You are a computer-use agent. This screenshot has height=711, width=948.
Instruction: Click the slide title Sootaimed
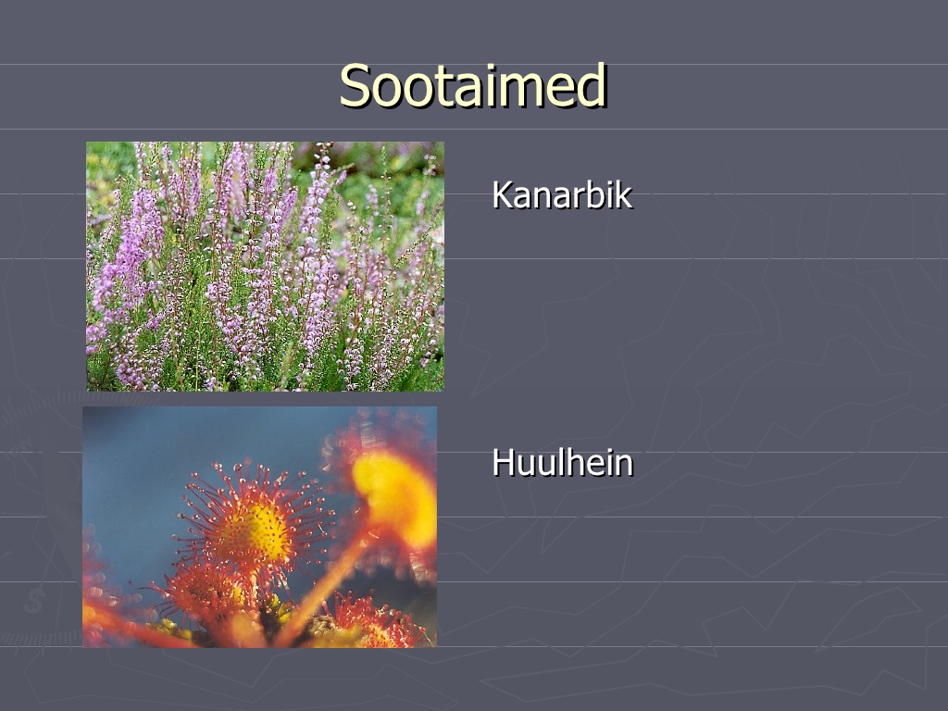[473, 85]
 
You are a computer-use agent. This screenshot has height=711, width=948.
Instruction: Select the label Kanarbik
[562, 194]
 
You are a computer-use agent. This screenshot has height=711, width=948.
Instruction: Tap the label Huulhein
[562, 463]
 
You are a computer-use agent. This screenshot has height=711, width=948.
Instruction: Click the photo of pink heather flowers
[265, 266]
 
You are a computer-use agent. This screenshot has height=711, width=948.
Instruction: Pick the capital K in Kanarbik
[503, 194]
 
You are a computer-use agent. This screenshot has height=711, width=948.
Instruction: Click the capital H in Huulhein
[504, 463]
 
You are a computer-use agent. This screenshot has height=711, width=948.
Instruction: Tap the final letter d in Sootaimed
[592, 85]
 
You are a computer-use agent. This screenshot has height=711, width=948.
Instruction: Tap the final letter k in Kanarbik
[623, 194]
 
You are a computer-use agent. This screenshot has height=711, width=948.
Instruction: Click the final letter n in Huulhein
[623, 467]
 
